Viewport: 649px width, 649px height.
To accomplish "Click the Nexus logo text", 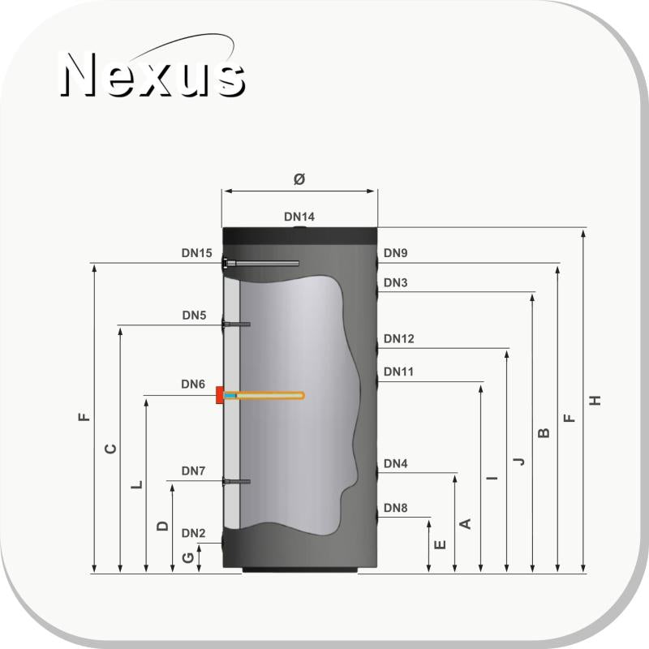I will (153, 75).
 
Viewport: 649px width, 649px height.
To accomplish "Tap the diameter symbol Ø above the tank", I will (299, 179).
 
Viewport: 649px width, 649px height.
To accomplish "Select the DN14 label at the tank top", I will (299, 217).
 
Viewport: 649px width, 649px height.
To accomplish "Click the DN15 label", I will (196, 253).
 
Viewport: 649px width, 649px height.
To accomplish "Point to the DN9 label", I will (396, 253).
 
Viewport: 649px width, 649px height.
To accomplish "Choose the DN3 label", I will (396, 283).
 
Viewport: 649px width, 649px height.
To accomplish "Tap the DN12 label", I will (399, 338).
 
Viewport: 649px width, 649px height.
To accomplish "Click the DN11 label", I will (399, 372).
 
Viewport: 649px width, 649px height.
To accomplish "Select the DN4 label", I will (396, 464).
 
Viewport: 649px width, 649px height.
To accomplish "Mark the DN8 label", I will (396, 509).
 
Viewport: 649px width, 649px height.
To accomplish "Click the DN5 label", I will (194, 315).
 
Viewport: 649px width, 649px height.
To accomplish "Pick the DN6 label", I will (194, 385).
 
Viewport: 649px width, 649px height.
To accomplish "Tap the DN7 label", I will (194, 471).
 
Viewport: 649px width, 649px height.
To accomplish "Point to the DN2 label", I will (194, 533).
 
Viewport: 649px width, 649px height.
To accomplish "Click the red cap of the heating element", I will (220, 396).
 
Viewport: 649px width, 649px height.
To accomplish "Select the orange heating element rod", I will (268, 396).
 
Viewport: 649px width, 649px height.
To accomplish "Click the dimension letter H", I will (596, 400).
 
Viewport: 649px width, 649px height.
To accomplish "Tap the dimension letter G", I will (188, 558).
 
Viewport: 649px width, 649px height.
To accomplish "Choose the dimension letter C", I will (112, 448).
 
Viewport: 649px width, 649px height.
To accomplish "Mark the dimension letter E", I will (440, 545).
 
